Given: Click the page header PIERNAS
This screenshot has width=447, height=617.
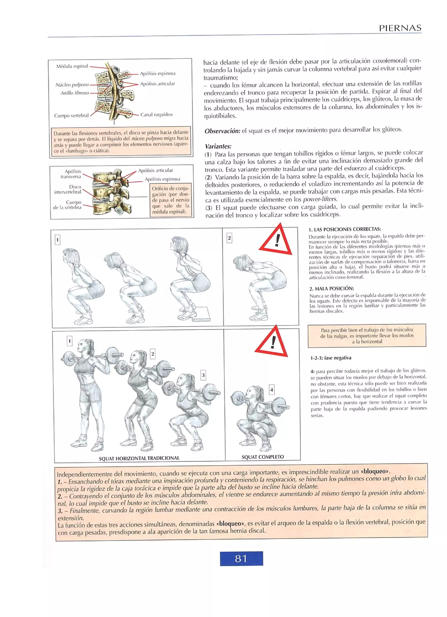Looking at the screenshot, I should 400,28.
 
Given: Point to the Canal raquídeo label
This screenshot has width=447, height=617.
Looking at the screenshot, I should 156,115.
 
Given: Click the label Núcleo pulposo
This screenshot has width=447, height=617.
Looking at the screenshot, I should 72,85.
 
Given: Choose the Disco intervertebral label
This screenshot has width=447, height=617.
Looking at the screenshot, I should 68,189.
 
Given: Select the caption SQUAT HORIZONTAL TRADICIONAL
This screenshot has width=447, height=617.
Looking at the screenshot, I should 139,458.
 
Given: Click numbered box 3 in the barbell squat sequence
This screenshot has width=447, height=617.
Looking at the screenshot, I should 203,375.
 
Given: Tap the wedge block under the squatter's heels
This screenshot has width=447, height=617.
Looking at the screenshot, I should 202,314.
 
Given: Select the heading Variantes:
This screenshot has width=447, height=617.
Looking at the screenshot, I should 218,146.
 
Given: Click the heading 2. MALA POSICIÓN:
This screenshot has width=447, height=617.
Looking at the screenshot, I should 331,288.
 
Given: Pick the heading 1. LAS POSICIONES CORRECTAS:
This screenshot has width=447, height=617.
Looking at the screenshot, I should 345,229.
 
